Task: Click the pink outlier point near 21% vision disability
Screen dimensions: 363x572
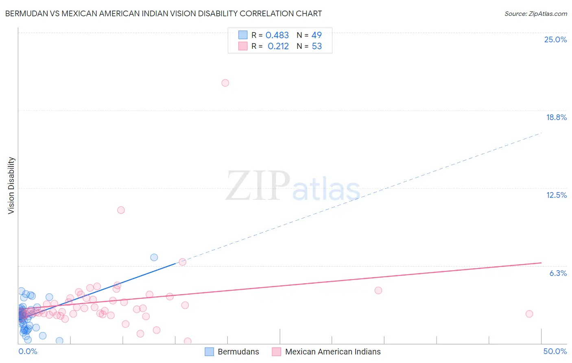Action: coord(225,83)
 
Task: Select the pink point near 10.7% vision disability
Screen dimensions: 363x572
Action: coord(121,210)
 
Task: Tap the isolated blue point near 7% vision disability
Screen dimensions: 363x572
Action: coord(154,257)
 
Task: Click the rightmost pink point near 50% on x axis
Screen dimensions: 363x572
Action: coord(529,314)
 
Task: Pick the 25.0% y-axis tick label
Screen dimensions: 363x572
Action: coord(555,39)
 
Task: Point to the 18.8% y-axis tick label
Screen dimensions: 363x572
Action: coord(556,117)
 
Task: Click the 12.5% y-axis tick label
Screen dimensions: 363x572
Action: coord(556,195)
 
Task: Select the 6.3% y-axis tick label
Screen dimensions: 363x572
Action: coord(558,273)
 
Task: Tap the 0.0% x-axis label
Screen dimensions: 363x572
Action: coord(28,351)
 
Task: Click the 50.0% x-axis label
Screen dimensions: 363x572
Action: coord(555,351)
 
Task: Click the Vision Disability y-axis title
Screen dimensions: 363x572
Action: coord(11,186)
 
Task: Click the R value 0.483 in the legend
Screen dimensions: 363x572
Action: coord(277,35)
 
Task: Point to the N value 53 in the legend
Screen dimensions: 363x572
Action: coord(317,46)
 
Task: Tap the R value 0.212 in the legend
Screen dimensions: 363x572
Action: coord(278,46)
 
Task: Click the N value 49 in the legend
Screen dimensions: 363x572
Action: coord(317,35)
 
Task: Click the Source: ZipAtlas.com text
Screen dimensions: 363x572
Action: coord(535,14)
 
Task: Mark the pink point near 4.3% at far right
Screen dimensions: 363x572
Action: coord(378,290)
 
